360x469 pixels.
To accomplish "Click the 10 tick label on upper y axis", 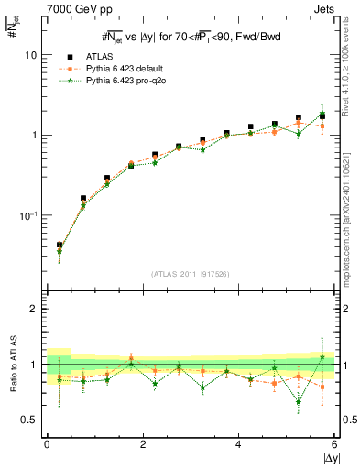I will tap(30, 55).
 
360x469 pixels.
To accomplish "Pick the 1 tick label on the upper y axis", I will tap(33, 135).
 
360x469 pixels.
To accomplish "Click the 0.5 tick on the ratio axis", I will tap(29, 420).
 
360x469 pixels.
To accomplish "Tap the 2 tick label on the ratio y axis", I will tap(34, 309).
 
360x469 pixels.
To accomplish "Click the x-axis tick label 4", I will tap(238, 444).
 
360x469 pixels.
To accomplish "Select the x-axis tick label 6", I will tap(334, 444).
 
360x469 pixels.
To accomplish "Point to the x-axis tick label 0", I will tap(47, 444).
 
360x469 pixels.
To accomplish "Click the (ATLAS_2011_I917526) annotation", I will tap(190, 274).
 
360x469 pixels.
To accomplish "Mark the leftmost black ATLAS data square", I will tap(60, 245).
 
